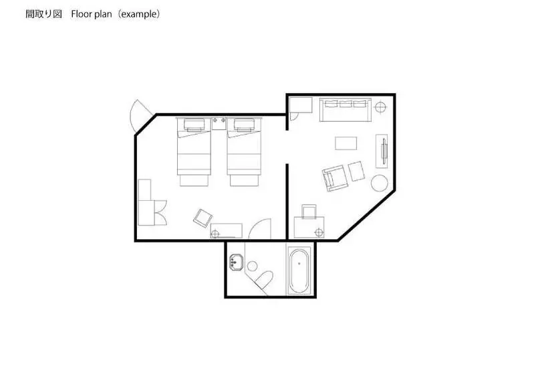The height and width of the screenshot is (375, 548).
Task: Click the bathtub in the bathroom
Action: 299,271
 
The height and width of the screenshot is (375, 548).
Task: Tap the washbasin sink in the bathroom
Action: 237,262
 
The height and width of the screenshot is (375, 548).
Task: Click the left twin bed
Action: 194,151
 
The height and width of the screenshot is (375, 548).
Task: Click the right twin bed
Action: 244,151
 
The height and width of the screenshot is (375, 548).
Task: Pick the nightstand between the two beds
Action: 219,124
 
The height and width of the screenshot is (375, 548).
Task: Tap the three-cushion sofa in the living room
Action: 346,110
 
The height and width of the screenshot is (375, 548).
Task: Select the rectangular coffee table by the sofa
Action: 346,143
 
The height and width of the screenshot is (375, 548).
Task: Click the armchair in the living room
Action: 335,178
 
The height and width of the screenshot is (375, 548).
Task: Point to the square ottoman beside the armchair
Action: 356,171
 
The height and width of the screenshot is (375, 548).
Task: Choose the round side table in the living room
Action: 379,183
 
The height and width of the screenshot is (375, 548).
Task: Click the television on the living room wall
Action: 384,151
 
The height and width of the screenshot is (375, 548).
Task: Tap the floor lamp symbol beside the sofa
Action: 381,106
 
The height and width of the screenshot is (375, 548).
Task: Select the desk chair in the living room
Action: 309,212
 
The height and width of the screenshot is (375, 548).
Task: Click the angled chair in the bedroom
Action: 203,218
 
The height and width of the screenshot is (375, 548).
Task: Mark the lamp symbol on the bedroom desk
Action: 215,234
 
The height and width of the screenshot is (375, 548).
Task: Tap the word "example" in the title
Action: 139,14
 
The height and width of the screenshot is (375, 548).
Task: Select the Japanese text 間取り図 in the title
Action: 43,14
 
